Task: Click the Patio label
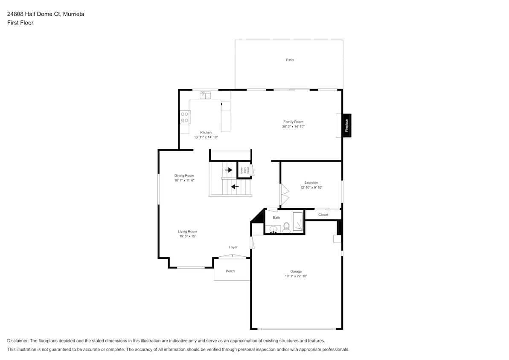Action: (290, 60)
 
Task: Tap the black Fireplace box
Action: (347, 125)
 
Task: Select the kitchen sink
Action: (205, 96)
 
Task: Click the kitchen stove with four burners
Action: (185, 117)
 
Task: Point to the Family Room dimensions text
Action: (293, 127)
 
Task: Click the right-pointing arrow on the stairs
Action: (228, 170)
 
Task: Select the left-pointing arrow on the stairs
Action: (235, 186)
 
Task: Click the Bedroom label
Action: (311, 183)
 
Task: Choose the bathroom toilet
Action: (287, 227)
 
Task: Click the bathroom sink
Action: (273, 229)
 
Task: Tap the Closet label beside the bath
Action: (323, 215)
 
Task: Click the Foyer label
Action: (233, 247)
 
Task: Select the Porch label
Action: (230, 271)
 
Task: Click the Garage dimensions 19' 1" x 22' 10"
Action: (296, 276)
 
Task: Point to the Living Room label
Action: (187, 231)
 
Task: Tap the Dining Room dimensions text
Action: (184, 180)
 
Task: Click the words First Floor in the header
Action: (20, 23)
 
